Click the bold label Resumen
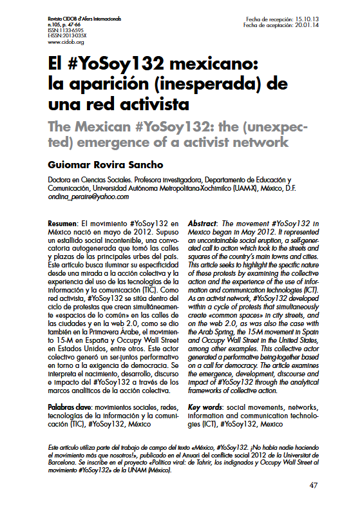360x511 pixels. click(x=63, y=220)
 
